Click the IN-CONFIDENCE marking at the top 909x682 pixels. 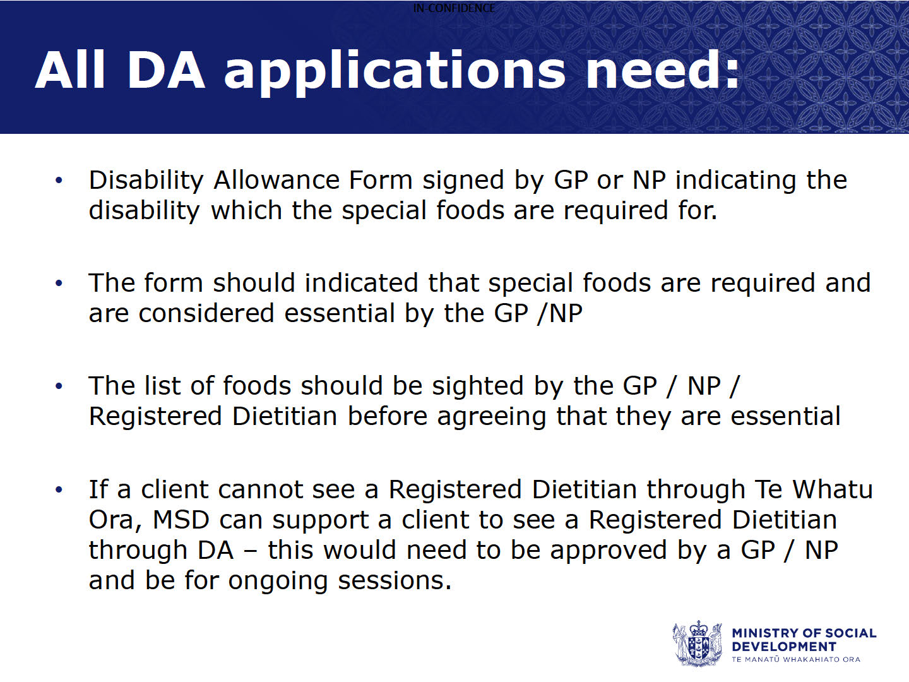[x=454, y=8]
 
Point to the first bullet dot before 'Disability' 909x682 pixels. [x=59, y=181]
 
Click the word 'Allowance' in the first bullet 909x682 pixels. [x=276, y=180]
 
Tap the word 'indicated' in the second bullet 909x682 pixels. [x=361, y=283]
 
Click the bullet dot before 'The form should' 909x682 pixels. [x=59, y=284]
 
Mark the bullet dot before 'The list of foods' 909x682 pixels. [x=59, y=386]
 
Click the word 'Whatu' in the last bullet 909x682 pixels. [x=833, y=489]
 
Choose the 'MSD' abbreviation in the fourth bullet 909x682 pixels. [x=181, y=520]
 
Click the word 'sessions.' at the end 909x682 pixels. [x=395, y=581]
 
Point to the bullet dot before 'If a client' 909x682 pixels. [x=59, y=490]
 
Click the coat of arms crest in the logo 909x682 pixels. [x=697, y=643]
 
